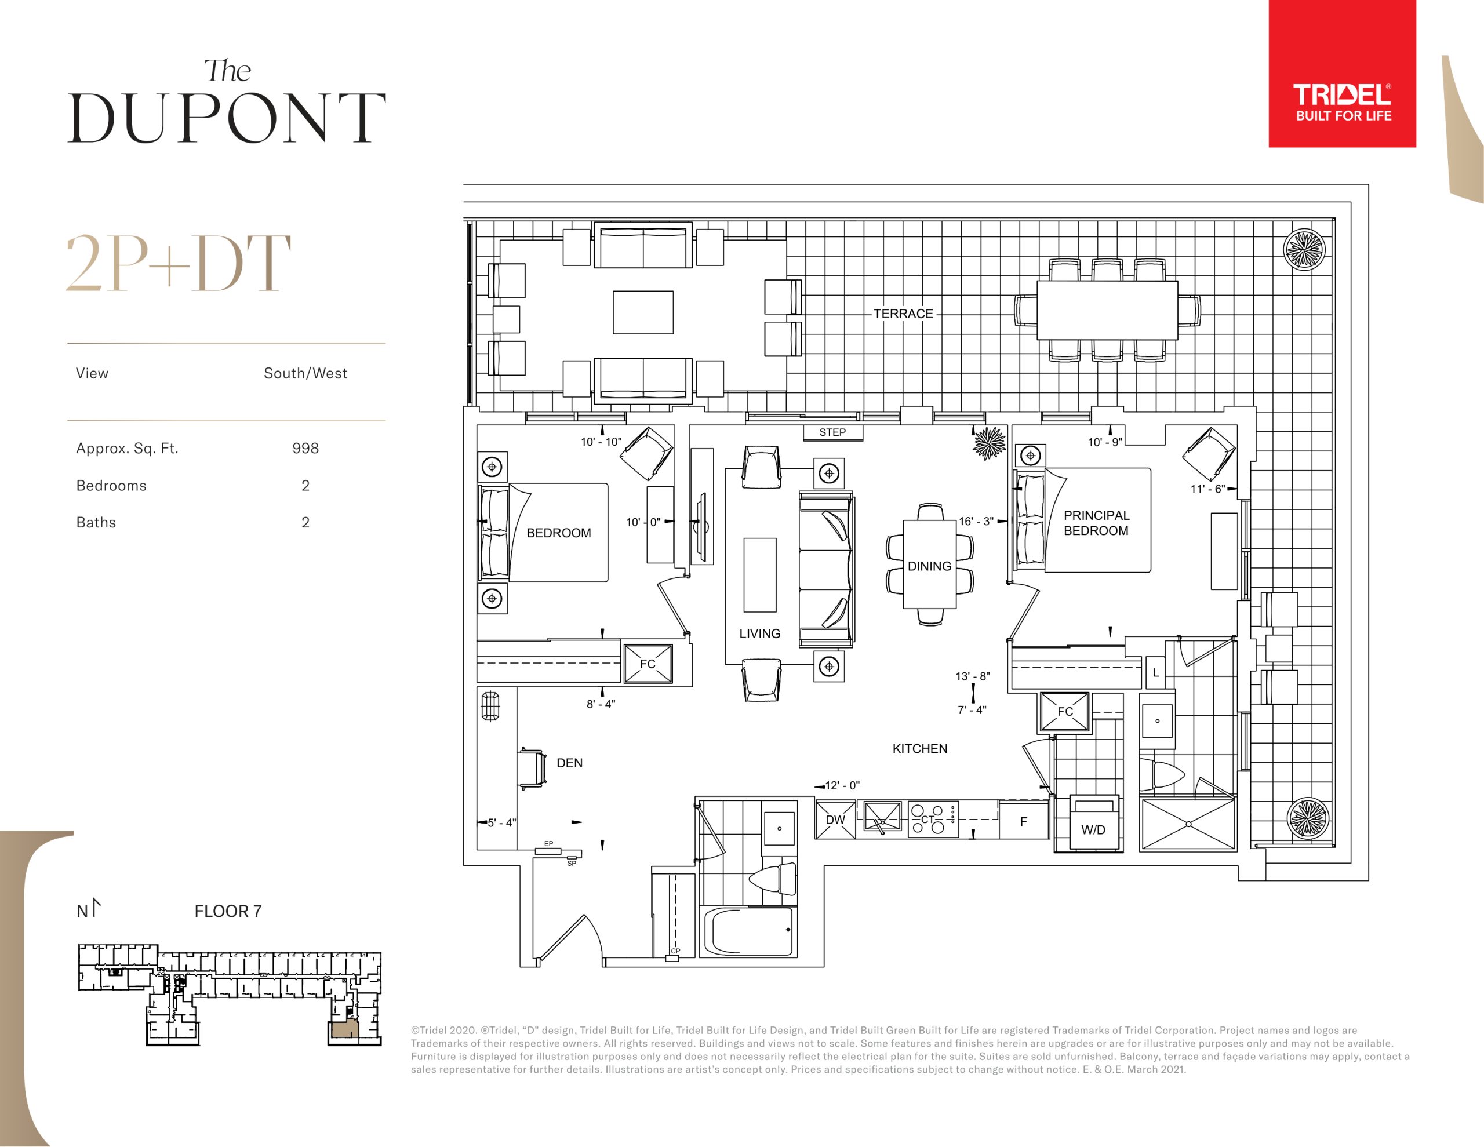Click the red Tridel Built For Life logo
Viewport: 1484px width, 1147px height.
coord(1342,74)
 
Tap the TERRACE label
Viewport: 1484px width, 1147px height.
coord(903,314)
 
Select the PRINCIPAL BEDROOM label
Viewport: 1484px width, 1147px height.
coord(1096,523)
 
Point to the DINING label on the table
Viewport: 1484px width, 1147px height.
coord(929,566)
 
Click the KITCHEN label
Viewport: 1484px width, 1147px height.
coord(919,749)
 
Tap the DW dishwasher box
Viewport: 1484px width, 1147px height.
coord(835,820)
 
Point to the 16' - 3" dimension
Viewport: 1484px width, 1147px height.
coord(976,521)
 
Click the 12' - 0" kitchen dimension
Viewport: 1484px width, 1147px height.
coord(842,785)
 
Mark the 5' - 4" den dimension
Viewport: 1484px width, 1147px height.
coord(501,823)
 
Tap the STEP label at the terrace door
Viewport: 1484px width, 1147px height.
coord(832,432)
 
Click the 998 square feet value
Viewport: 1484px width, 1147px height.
coord(305,449)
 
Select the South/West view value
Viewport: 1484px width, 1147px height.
coord(305,373)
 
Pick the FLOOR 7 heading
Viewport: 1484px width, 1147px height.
coord(228,911)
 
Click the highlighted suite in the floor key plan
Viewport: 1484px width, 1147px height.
coord(344,1028)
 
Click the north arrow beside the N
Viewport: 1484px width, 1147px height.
coord(95,907)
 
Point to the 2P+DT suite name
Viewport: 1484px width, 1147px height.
coord(178,264)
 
